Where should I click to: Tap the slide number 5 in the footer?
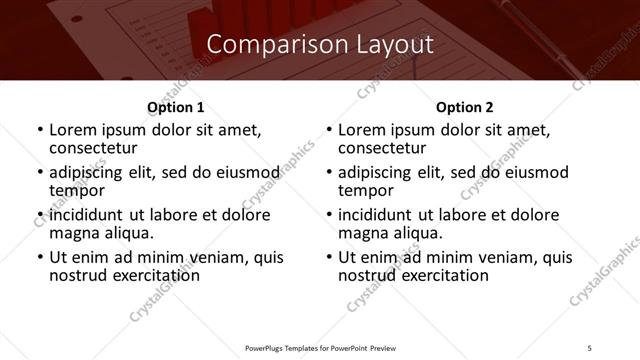[590, 347]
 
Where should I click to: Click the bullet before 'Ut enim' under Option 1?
[40, 258]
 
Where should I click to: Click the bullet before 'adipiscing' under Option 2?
[329, 172]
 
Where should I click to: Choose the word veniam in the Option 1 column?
[204, 258]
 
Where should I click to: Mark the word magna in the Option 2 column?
[364, 233]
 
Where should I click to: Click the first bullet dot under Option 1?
[40, 130]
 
